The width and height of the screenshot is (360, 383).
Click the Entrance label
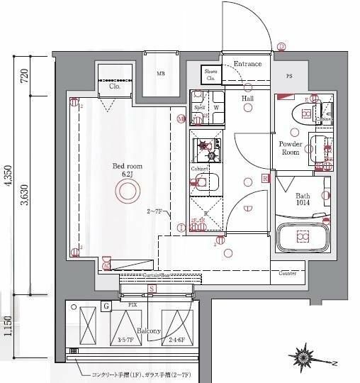pos(247,65)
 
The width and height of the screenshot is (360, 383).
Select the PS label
pos(289,76)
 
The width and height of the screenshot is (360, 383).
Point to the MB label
pos(161,73)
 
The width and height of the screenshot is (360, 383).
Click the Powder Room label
pos(291,148)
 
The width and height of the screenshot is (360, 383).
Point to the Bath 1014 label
pos(303,200)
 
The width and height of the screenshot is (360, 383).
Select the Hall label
pos(248,99)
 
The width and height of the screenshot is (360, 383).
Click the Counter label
pos(287,273)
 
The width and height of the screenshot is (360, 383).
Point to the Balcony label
pos(149,331)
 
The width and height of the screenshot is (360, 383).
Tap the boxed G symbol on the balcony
pos(106,307)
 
